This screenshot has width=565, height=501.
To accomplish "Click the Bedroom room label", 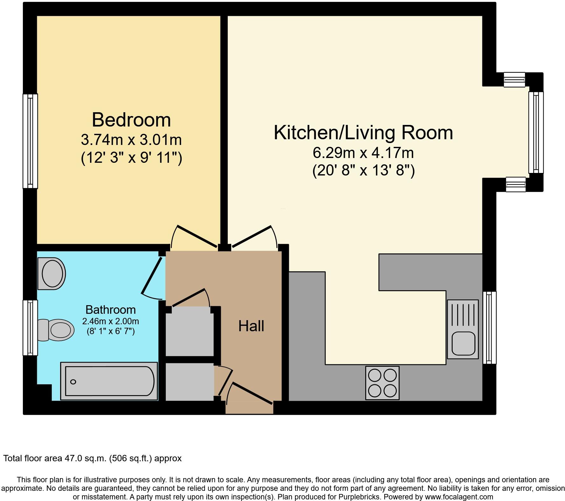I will pos(131,120).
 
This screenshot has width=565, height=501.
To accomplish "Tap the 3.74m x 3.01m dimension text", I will pos(131,140).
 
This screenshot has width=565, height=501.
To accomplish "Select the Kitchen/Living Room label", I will pos(363,133).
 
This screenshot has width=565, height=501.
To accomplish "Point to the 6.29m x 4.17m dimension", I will pos(363,153).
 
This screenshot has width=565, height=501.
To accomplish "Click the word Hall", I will pos(251,326).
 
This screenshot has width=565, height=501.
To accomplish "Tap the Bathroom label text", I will pos(110,309).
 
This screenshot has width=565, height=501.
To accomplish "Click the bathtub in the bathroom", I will pos(109,381).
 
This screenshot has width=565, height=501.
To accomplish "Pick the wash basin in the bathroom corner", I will pos(52,274).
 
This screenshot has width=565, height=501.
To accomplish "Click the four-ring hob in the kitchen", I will pos(382,383).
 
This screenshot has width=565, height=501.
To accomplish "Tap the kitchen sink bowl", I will pos(464,344).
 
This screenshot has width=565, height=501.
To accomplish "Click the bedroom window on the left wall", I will pos(30,141).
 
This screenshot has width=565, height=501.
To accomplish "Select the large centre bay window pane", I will pos(536,132).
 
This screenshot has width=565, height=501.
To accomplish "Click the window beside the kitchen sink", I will pos(490,327).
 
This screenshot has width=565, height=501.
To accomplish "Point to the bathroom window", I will pos(30,327).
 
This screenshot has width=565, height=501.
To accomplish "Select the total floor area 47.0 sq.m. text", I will pos(92,458).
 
